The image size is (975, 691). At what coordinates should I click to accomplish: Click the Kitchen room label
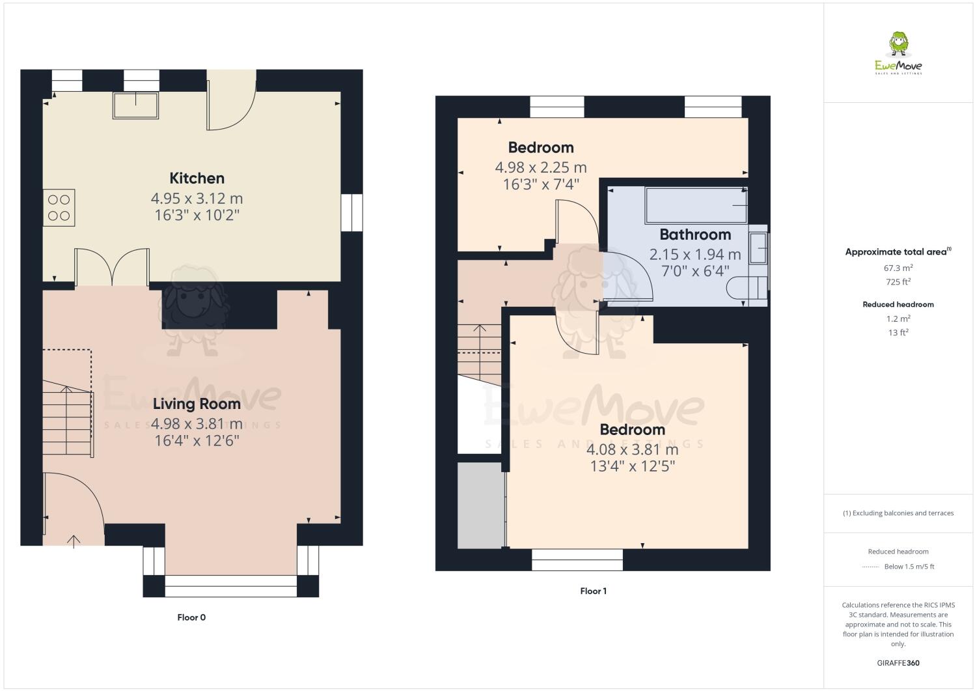(x=197, y=178)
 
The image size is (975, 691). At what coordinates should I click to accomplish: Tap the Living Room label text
(x=197, y=404)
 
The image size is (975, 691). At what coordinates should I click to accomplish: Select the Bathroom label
(x=694, y=234)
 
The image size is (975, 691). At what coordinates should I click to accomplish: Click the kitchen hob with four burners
(x=59, y=208)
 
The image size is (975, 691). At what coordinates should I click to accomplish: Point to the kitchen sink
(x=136, y=106)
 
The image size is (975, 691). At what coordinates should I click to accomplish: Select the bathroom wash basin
(x=758, y=248)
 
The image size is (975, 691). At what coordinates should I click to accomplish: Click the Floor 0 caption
(x=191, y=617)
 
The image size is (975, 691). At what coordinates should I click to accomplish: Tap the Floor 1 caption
(x=593, y=591)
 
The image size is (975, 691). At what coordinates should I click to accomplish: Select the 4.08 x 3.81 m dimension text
(x=632, y=449)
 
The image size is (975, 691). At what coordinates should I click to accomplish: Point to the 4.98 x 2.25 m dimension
(x=540, y=167)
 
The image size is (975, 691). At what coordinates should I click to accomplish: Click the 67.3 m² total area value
(x=898, y=268)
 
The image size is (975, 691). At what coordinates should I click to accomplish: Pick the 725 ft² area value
(x=898, y=282)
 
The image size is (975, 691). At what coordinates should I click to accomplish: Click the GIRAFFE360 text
(x=898, y=663)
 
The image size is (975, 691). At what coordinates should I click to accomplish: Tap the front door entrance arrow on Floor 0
(x=74, y=541)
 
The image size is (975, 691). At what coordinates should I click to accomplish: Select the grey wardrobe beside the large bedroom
(x=481, y=505)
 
